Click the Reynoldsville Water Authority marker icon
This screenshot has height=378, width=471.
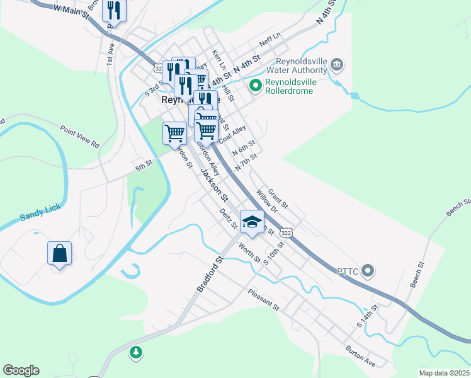[x=337, y=64]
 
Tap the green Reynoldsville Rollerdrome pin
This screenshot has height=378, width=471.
[x=256, y=85]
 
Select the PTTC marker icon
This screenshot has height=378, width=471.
[x=370, y=272]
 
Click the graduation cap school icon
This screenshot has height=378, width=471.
[x=252, y=222]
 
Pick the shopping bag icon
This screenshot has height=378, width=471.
[x=59, y=254]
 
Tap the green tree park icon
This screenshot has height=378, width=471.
[x=135, y=352]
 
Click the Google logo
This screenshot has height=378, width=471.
[x=21, y=370]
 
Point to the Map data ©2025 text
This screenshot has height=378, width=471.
[x=444, y=373]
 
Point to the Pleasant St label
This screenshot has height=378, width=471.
[x=263, y=299]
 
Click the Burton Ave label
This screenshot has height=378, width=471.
[x=360, y=356]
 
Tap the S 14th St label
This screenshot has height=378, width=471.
[x=368, y=316]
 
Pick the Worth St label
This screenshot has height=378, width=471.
[x=249, y=251]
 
